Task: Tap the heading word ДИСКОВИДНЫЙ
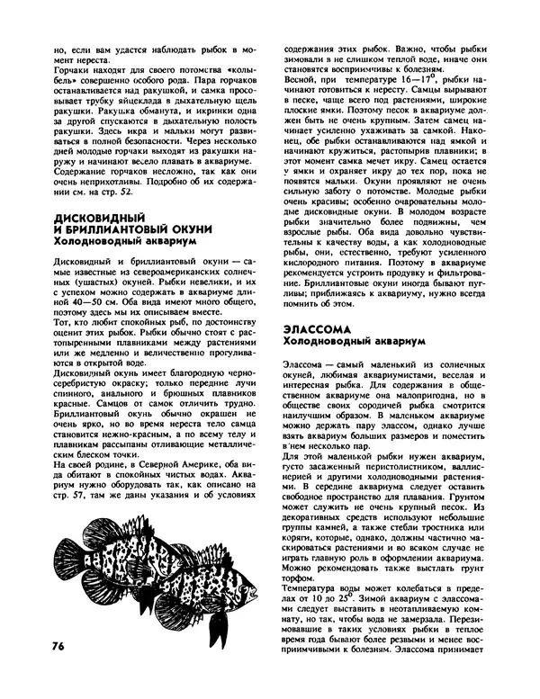(96, 217)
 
